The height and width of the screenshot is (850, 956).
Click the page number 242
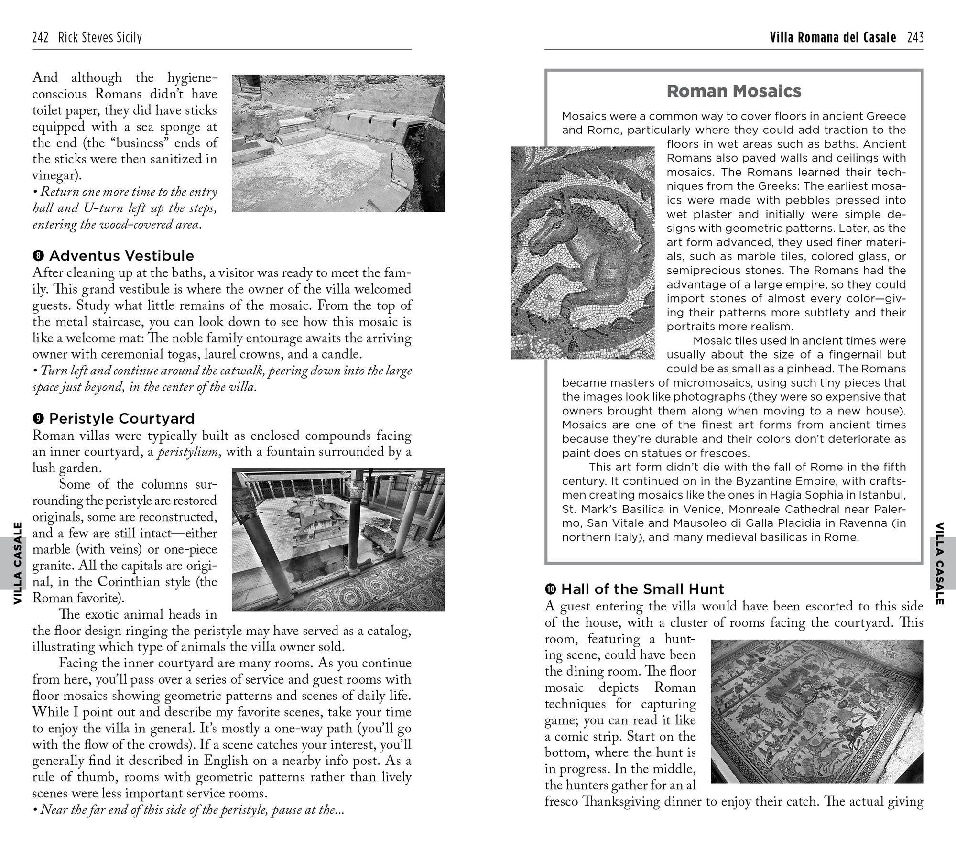[40, 37]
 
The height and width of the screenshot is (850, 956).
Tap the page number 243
[915, 37]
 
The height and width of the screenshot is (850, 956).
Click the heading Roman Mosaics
[734, 91]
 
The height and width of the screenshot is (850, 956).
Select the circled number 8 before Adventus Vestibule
[39, 256]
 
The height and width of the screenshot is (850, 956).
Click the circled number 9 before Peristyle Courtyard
[39, 419]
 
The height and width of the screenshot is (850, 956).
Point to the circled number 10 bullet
[551, 589]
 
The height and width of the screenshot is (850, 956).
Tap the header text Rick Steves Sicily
[100, 37]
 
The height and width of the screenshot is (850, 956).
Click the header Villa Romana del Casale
[833, 37]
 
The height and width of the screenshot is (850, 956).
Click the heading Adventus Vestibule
[121, 256]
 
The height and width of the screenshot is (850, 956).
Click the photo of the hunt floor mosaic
[817, 711]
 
